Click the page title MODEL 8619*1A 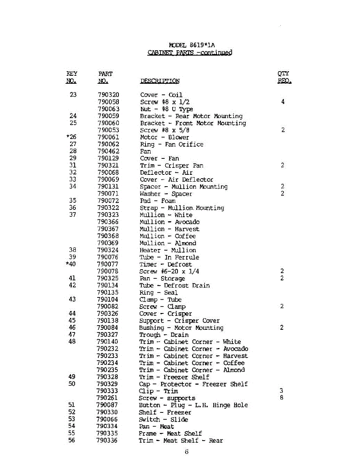tap(189, 45)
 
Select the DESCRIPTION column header tap(160, 81)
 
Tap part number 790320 tap(109, 95)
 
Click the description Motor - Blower tap(164, 137)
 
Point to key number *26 tap(71, 137)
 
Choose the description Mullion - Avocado tap(170, 222)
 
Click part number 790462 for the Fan tap(109, 151)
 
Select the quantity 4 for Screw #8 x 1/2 tap(283, 102)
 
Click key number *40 tap(71, 264)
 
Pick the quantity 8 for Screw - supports tap(282, 398)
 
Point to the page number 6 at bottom tap(187, 452)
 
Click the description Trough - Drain tap(164, 335)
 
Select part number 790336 tap(107, 441)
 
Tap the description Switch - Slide tap(163, 419)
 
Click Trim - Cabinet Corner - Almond tap(192, 370)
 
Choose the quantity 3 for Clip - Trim tap(282, 391)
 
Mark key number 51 tap(72, 405)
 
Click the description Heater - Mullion tap(168, 250)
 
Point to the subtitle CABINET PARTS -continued tap(190, 53)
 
